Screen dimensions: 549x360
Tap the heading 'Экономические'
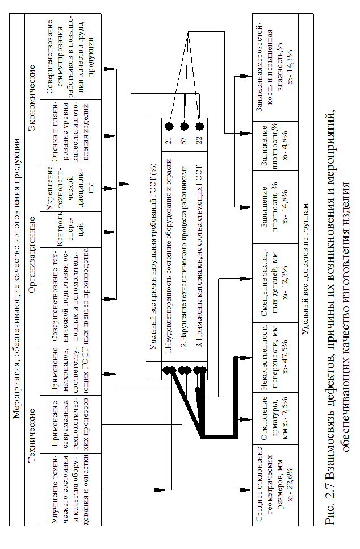point(32,91)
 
